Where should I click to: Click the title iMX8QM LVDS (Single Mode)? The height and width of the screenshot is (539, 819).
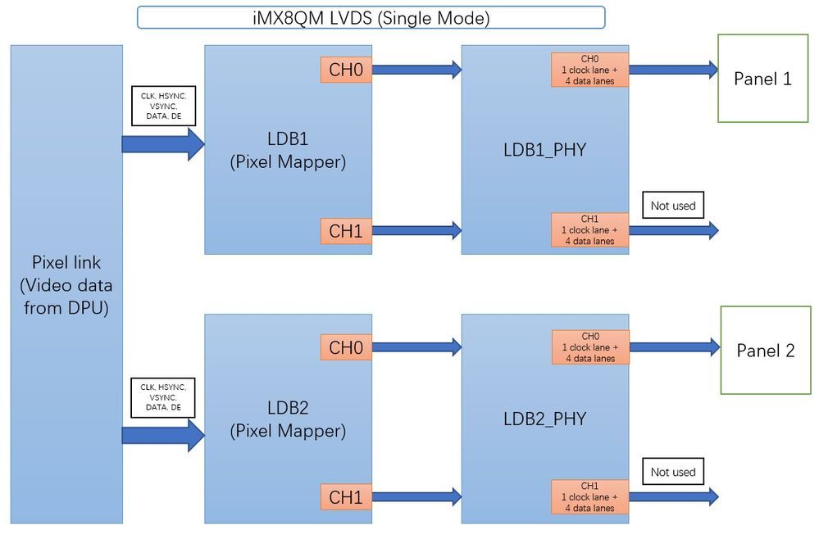[x=371, y=18]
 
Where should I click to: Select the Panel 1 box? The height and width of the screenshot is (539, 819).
[x=762, y=79]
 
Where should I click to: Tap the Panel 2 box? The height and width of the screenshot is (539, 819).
[x=765, y=351]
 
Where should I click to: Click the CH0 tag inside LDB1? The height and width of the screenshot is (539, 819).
[x=345, y=70]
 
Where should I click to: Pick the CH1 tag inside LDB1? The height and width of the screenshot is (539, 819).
[x=345, y=231]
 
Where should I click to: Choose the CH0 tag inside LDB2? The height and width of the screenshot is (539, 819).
[x=345, y=347]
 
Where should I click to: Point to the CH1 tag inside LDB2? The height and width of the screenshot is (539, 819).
[x=345, y=496]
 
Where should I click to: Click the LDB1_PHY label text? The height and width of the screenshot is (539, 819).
[x=544, y=151]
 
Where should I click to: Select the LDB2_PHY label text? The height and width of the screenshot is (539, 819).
[x=544, y=419]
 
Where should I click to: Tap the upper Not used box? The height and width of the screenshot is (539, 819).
[x=672, y=206]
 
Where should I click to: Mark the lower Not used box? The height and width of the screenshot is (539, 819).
[x=672, y=472]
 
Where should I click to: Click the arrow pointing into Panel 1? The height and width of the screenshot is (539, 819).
[x=673, y=70]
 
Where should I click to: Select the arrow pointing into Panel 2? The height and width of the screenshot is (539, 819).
[x=673, y=347]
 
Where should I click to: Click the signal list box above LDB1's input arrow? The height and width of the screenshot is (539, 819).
[x=162, y=106]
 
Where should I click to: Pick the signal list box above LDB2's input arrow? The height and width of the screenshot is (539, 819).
[x=162, y=396]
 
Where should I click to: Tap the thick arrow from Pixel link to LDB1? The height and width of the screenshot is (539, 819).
[x=162, y=144]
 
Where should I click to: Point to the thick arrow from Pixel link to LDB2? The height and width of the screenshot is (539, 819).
[x=162, y=435]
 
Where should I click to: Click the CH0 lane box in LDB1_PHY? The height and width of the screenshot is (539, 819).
[x=589, y=70]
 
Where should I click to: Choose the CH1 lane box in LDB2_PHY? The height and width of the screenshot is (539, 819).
[x=589, y=496]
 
